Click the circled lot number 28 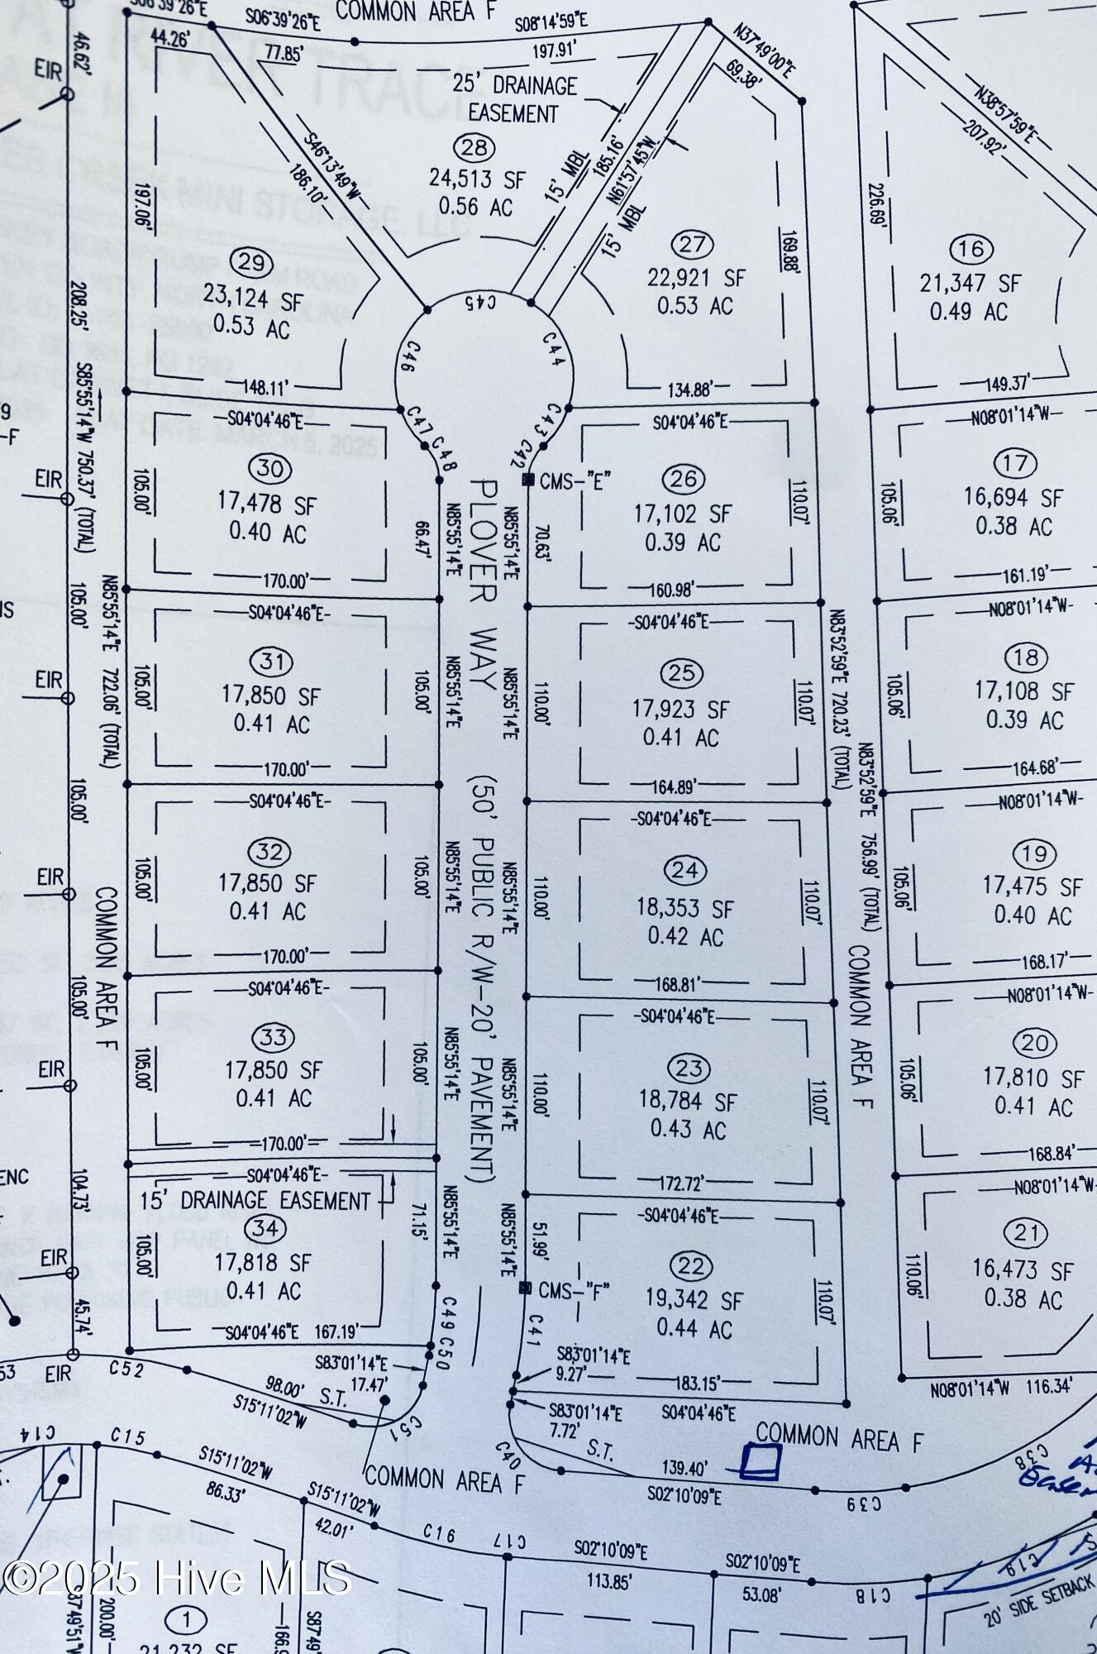coord(475,148)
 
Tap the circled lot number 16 coord(971,248)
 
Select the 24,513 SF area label coord(477,178)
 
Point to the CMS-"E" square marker coord(527,480)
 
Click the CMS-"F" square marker coord(524,1288)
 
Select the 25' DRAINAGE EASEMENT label coord(513,99)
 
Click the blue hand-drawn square coord(760,1460)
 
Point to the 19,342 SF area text coord(694,1301)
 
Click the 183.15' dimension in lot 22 coord(693,1379)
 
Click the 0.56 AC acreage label coord(476,207)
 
